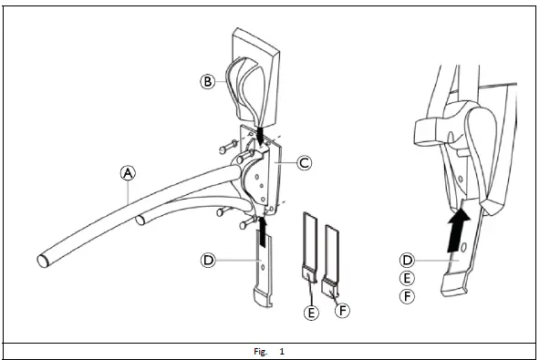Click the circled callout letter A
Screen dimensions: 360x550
(129, 170)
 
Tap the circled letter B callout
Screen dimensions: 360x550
(207, 80)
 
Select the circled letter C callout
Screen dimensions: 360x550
(304, 163)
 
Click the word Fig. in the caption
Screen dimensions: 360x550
(260, 351)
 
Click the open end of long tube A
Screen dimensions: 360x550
(42, 260)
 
